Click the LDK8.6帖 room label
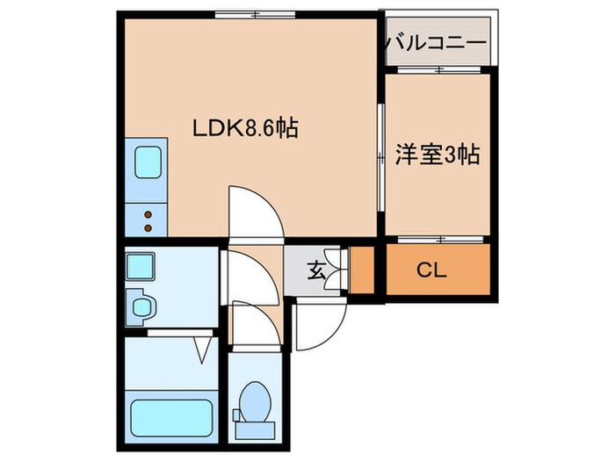coord(245,129)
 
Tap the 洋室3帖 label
coord(437,155)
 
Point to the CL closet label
coord(430,270)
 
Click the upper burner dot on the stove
coord(148,213)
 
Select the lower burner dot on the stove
coord(148,227)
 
